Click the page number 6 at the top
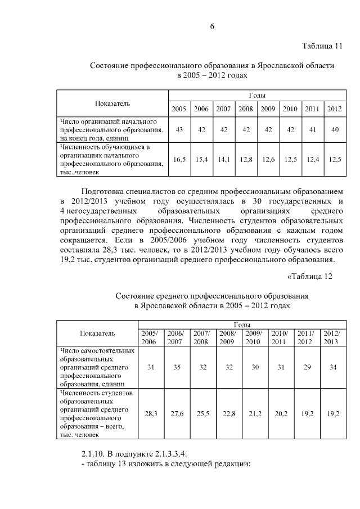coord(213,26)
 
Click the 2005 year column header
coord(179,109)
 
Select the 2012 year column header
coord(334,109)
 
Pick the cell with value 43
coord(179,129)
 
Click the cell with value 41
coord(312,129)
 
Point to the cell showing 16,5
coord(179,160)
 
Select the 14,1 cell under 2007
coord(223,160)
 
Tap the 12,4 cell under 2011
coord(312,160)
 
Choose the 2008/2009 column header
coord(227,337)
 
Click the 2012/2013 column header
coord(332,337)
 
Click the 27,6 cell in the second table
coord(175,413)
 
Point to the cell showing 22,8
coord(227,413)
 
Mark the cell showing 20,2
coord(280,413)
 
